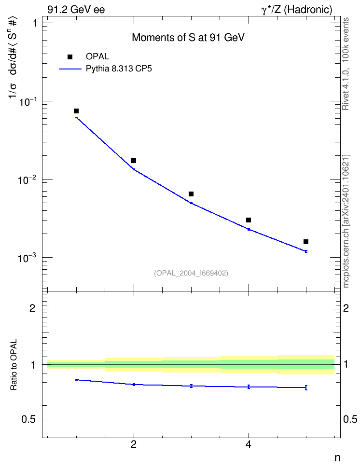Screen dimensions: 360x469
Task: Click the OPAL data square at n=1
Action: (x=76, y=111)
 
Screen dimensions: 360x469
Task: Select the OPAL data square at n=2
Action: (x=134, y=161)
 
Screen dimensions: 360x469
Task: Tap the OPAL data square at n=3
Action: (x=191, y=194)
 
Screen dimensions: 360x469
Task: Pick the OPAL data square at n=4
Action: (x=249, y=220)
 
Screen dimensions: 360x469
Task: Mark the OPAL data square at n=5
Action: (x=306, y=242)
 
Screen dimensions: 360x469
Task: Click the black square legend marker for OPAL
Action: (x=70, y=57)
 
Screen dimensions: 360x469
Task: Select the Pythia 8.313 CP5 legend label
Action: (x=119, y=69)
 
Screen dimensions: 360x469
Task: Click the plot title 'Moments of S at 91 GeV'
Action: (x=188, y=38)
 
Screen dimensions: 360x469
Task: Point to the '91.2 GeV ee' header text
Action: (x=76, y=10)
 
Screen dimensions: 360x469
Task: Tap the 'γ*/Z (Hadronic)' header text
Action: (x=297, y=10)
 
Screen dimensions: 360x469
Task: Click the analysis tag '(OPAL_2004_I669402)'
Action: (x=191, y=273)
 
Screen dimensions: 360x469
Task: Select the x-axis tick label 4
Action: (x=249, y=444)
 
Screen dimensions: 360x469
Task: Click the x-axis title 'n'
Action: (x=337, y=458)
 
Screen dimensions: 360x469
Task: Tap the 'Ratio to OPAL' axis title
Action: (x=14, y=365)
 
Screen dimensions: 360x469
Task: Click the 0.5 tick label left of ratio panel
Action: (x=28, y=420)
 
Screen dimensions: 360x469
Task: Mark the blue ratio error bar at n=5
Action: (x=306, y=387)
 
